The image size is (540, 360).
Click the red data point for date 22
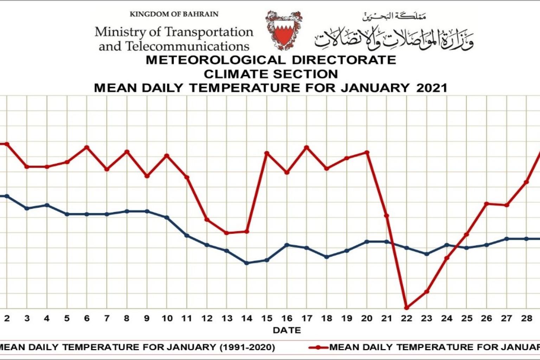(407, 308)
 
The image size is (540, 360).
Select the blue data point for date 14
(246, 263)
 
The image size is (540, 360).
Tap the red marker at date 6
(87, 147)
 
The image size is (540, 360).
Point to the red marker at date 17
(307, 147)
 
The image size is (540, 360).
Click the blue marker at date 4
(47, 205)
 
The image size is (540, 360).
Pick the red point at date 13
(226, 233)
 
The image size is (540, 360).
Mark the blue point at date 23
(427, 254)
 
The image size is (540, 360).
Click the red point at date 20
(367, 152)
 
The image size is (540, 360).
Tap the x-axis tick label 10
(167, 319)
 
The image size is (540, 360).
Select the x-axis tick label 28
(526, 319)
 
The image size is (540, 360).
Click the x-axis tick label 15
(266, 319)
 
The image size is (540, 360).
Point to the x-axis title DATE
(287, 330)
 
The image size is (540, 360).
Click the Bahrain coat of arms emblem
(283, 31)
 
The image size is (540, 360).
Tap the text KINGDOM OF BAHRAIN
(174, 14)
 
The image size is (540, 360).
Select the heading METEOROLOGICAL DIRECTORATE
(271, 60)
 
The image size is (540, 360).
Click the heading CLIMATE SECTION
(271, 74)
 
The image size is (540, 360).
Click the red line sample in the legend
(318, 348)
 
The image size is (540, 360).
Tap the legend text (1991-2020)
(247, 347)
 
